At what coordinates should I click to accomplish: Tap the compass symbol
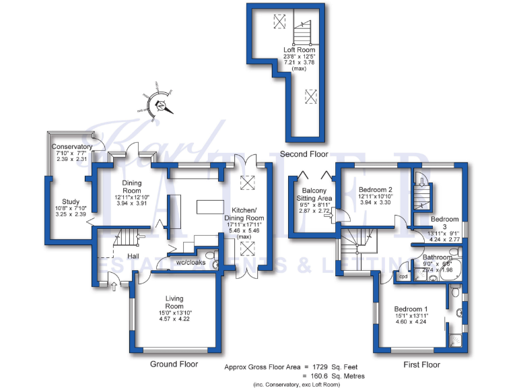160,104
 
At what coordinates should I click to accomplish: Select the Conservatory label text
72,147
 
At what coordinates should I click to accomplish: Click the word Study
71,201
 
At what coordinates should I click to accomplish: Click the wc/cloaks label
191,262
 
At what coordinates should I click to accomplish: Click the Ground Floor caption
174,364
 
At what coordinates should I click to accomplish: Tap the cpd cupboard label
404,276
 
